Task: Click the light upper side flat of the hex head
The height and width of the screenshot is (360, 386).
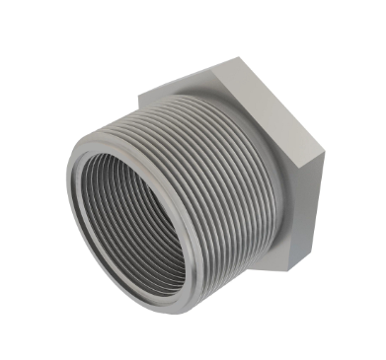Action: [x=267, y=99]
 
